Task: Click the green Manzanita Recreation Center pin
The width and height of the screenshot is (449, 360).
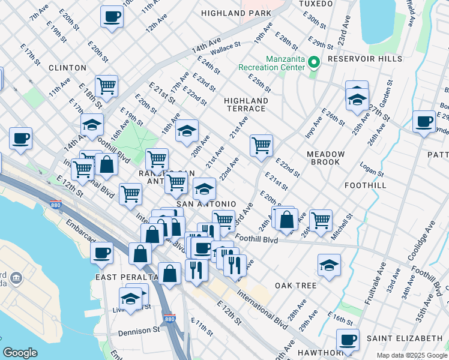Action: coord(313,62)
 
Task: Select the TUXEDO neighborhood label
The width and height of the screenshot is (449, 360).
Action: coord(316,4)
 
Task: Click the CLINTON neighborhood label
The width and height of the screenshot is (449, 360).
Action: coord(64,68)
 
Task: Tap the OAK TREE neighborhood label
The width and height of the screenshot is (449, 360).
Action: coord(296,286)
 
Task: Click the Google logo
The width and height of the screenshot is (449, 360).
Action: coord(20,353)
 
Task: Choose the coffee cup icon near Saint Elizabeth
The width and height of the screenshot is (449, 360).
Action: coord(348,340)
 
